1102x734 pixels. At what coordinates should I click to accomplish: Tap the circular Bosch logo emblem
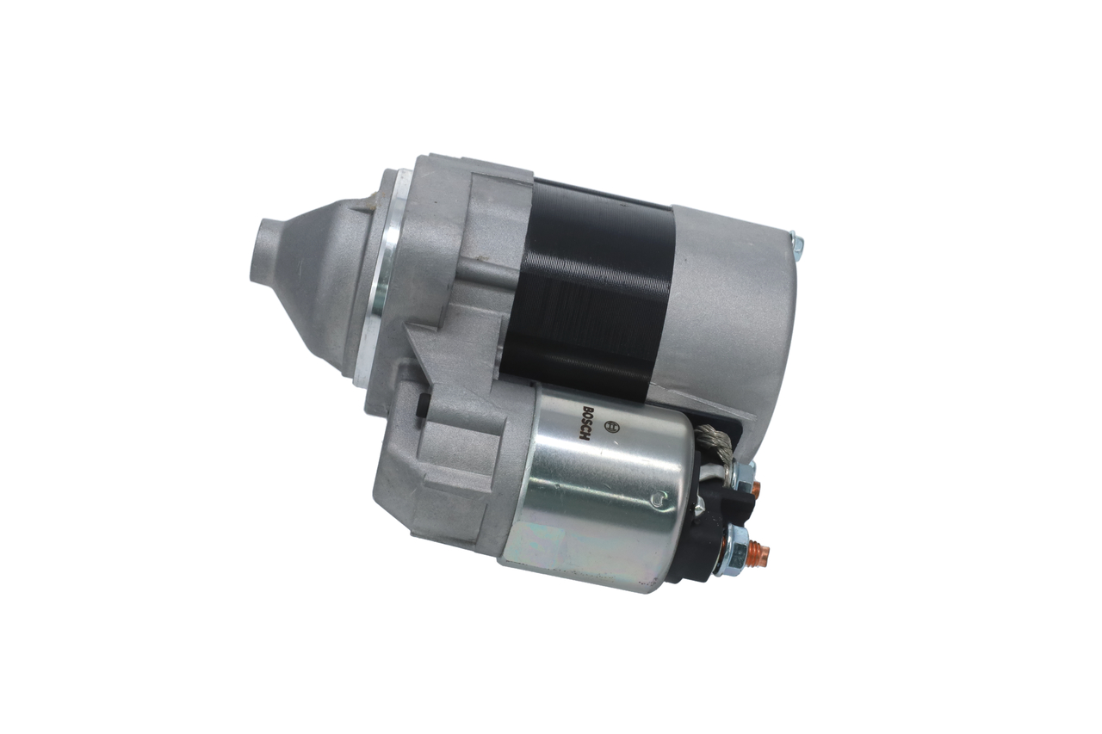click(612, 424)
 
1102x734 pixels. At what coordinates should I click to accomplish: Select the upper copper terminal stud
click(755, 487)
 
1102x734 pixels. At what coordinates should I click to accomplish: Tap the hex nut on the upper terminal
click(743, 476)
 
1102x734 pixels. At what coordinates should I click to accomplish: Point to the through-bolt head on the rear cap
click(796, 248)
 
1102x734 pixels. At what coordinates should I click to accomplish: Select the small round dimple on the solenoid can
click(659, 500)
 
